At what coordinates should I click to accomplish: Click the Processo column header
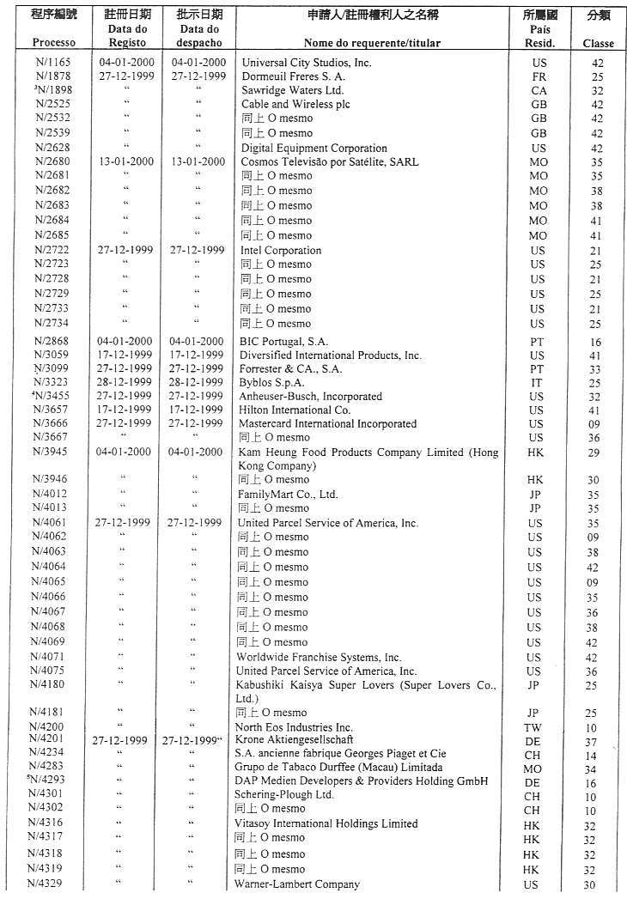(53, 43)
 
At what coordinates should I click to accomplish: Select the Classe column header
(598, 44)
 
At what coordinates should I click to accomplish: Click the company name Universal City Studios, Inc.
(307, 63)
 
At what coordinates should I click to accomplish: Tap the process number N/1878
(53, 76)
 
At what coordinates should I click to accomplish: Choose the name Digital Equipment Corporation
(313, 148)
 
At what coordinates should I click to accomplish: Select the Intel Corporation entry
(281, 251)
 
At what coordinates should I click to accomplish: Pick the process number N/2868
(53, 341)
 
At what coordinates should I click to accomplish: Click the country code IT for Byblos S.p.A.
(538, 382)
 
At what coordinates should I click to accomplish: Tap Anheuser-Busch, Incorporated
(311, 397)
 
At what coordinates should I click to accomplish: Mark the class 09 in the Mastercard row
(592, 424)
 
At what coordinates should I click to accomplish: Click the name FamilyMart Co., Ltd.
(288, 495)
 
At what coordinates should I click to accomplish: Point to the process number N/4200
(53, 727)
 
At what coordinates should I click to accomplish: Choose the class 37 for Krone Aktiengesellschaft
(590, 741)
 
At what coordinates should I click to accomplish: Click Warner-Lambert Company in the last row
(296, 884)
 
